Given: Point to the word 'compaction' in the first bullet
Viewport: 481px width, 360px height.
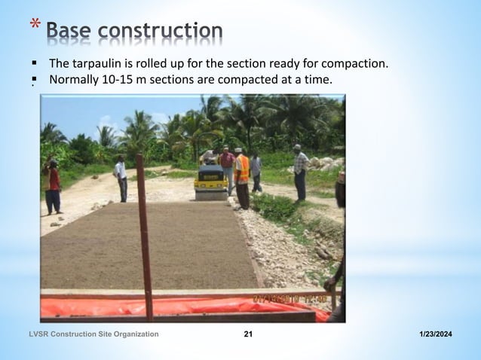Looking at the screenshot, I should tap(355, 63).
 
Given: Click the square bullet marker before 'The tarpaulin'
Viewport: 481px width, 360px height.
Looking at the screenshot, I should tap(34, 63).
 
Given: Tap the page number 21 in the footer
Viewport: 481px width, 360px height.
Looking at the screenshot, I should tap(248, 344).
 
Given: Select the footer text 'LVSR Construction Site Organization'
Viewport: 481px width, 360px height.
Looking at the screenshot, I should tap(94, 344).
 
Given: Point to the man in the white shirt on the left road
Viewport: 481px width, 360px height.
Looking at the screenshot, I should tap(121, 178).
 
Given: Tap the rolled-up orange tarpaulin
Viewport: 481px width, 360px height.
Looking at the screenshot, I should tap(181, 306).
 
